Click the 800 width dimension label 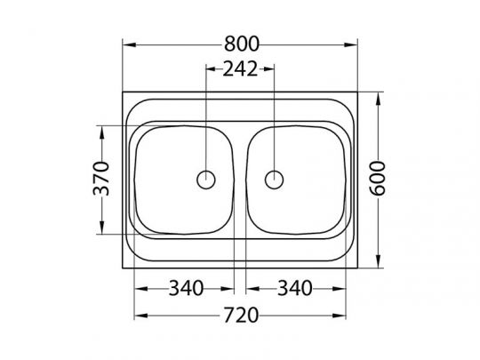(242, 44)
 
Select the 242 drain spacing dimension (240, 68)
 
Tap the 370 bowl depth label (101, 179)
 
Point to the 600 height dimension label (377, 179)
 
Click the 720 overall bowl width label (241, 316)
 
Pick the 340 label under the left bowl (186, 288)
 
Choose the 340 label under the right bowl (294, 288)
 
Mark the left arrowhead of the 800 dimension (129, 44)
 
